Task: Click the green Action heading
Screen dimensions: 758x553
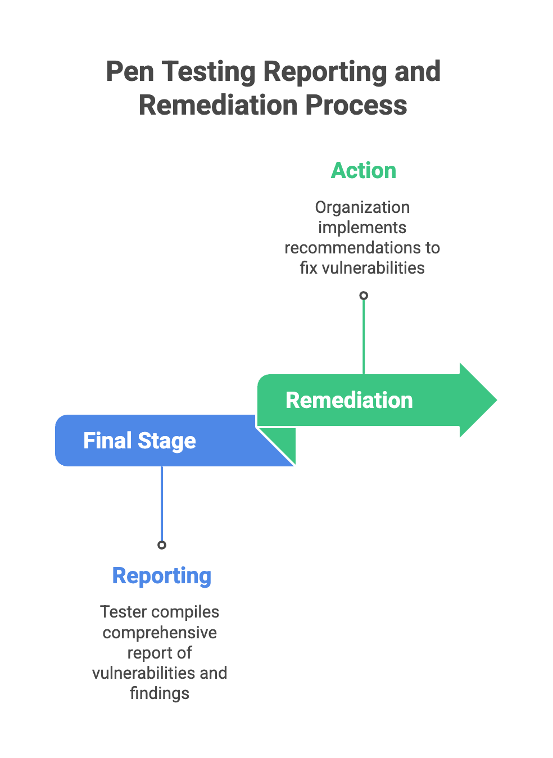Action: (x=363, y=171)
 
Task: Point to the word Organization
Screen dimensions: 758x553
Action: (x=362, y=207)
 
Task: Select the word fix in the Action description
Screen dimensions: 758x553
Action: (x=309, y=268)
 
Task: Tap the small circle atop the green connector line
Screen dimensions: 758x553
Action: (x=364, y=296)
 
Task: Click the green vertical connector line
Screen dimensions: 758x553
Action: (x=364, y=337)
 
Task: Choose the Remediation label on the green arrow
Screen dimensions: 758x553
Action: (x=349, y=401)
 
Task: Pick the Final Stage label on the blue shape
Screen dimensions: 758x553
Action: (x=139, y=441)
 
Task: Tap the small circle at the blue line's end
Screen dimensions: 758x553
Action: (x=162, y=545)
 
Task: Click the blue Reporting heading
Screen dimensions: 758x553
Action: (x=161, y=576)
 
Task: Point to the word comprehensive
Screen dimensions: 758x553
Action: (x=160, y=633)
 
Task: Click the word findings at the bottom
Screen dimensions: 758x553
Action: (x=160, y=693)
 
